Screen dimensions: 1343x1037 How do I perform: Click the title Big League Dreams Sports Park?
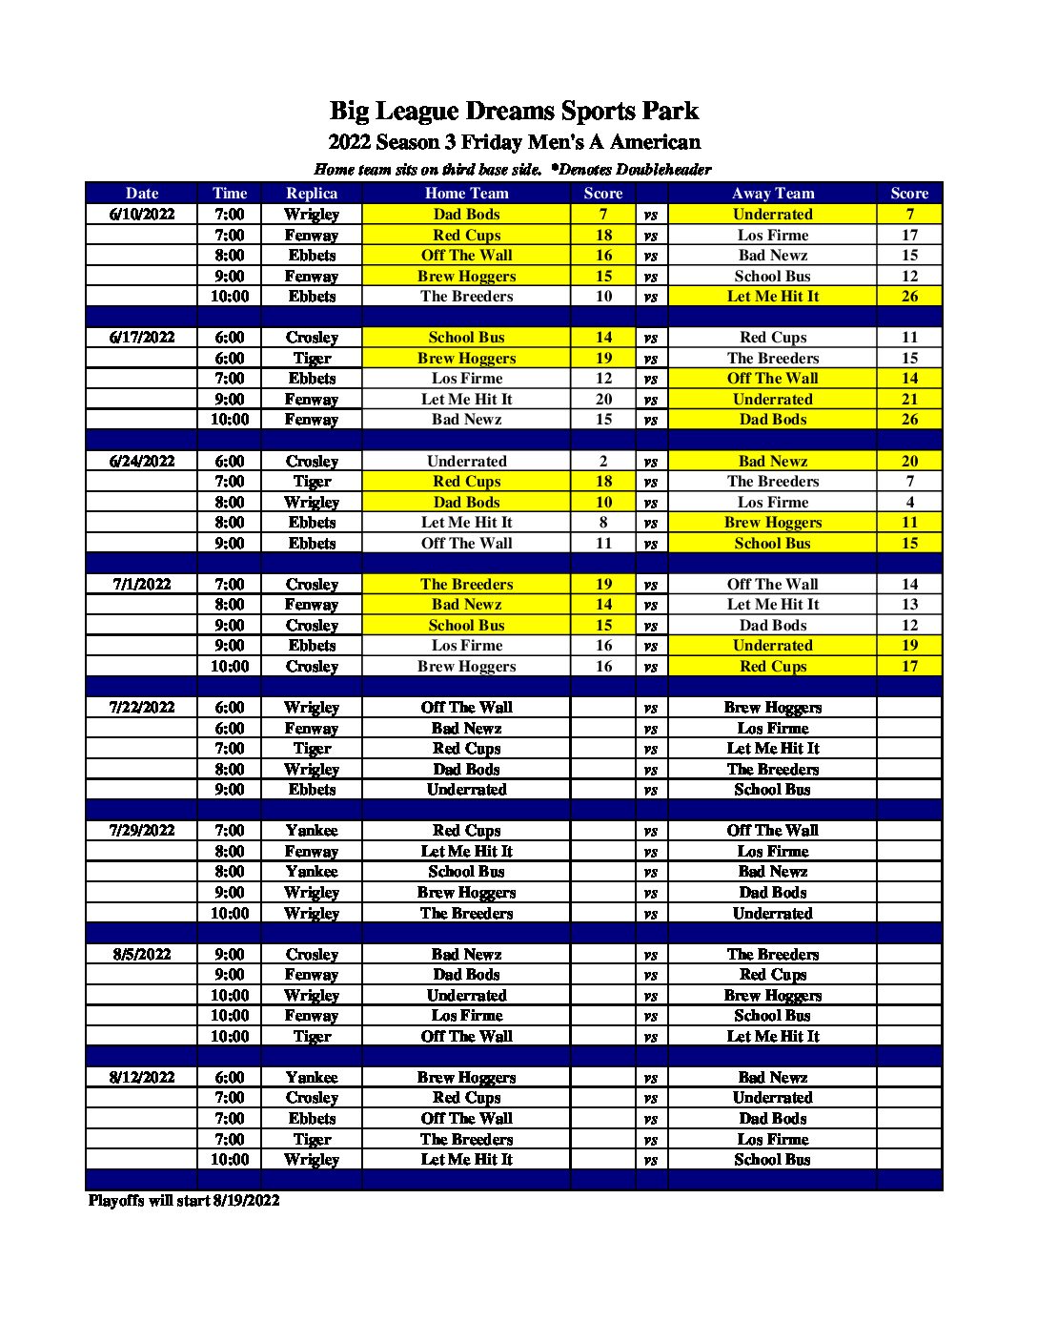pyautogui.click(x=514, y=112)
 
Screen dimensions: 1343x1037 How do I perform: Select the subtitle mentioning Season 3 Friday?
pyautogui.click(x=514, y=143)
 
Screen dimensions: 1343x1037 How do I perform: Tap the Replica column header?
pyautogui.click(x=312, y=194)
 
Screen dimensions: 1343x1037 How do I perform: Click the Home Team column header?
pyautogui.click(x=466, y=194)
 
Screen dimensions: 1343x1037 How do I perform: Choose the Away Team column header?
pyautogui.click(x=772, y=194)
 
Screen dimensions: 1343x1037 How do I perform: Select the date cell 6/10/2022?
pyautogui.click(x=142, y=215)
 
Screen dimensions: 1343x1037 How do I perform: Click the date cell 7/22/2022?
pyautogui.click(x=142, y=708)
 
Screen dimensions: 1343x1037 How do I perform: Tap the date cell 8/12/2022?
pyautogui.click(x=142, y=1078)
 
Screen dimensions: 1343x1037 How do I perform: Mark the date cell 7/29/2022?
pyautogui.click(x=142, y=831)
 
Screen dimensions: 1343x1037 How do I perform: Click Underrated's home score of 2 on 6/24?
pyautogui.click(x=603, y=462)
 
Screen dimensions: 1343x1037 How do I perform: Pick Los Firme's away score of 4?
pyautogui.click(x=909, y=503)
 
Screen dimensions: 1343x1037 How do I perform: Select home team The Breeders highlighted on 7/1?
pyautogui.click(x=466, y=585)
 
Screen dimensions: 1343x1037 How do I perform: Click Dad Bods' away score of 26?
pyautogui.click(x=909, y=420)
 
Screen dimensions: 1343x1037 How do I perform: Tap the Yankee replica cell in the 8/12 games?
pyautogui.click(x=312, y=1078)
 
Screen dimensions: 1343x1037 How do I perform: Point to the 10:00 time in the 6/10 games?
pyautogui.click(x=230, y=297)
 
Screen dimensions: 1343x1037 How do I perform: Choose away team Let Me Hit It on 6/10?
pyautogui.click(x=772, y=297)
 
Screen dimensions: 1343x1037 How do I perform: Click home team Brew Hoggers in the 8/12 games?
pyautogui.click(x=466, y=1078)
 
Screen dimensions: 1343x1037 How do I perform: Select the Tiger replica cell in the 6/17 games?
pyautogui.click(x=312, y=359)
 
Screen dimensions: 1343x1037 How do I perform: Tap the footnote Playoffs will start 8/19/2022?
pyautogui.click(x=184, y=1201)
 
